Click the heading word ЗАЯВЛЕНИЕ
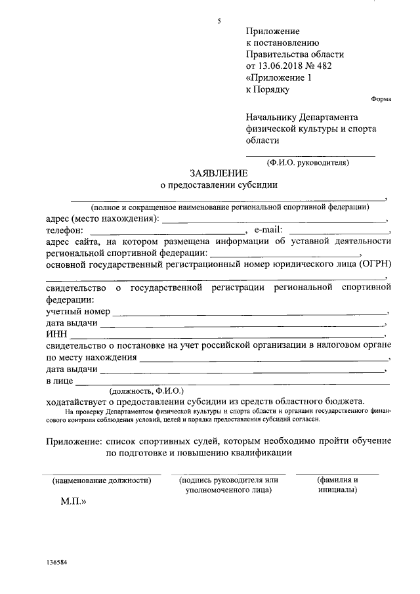tap(219, 173)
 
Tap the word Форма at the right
tap(381, 99)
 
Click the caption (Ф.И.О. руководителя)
tap(308, 162)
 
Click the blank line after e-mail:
tap(338, 234)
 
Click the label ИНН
tap(57, 335)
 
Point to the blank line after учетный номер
tap(250, 313)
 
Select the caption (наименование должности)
tap(102, 480)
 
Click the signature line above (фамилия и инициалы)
tap(337, 473)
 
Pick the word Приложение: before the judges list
tap(74, 440)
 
